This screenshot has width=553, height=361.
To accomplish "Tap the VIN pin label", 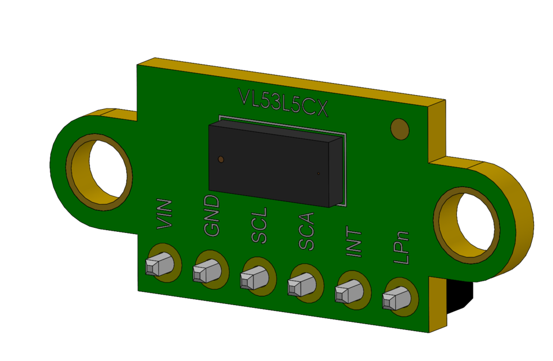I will point(165,214).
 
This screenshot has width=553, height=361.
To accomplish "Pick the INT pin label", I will point(354,240).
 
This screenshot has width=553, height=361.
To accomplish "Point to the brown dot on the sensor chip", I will point(221,159).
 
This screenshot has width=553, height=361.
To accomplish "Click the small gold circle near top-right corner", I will point(399,129).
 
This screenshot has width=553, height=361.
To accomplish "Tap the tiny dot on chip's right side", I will point(318,173).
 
